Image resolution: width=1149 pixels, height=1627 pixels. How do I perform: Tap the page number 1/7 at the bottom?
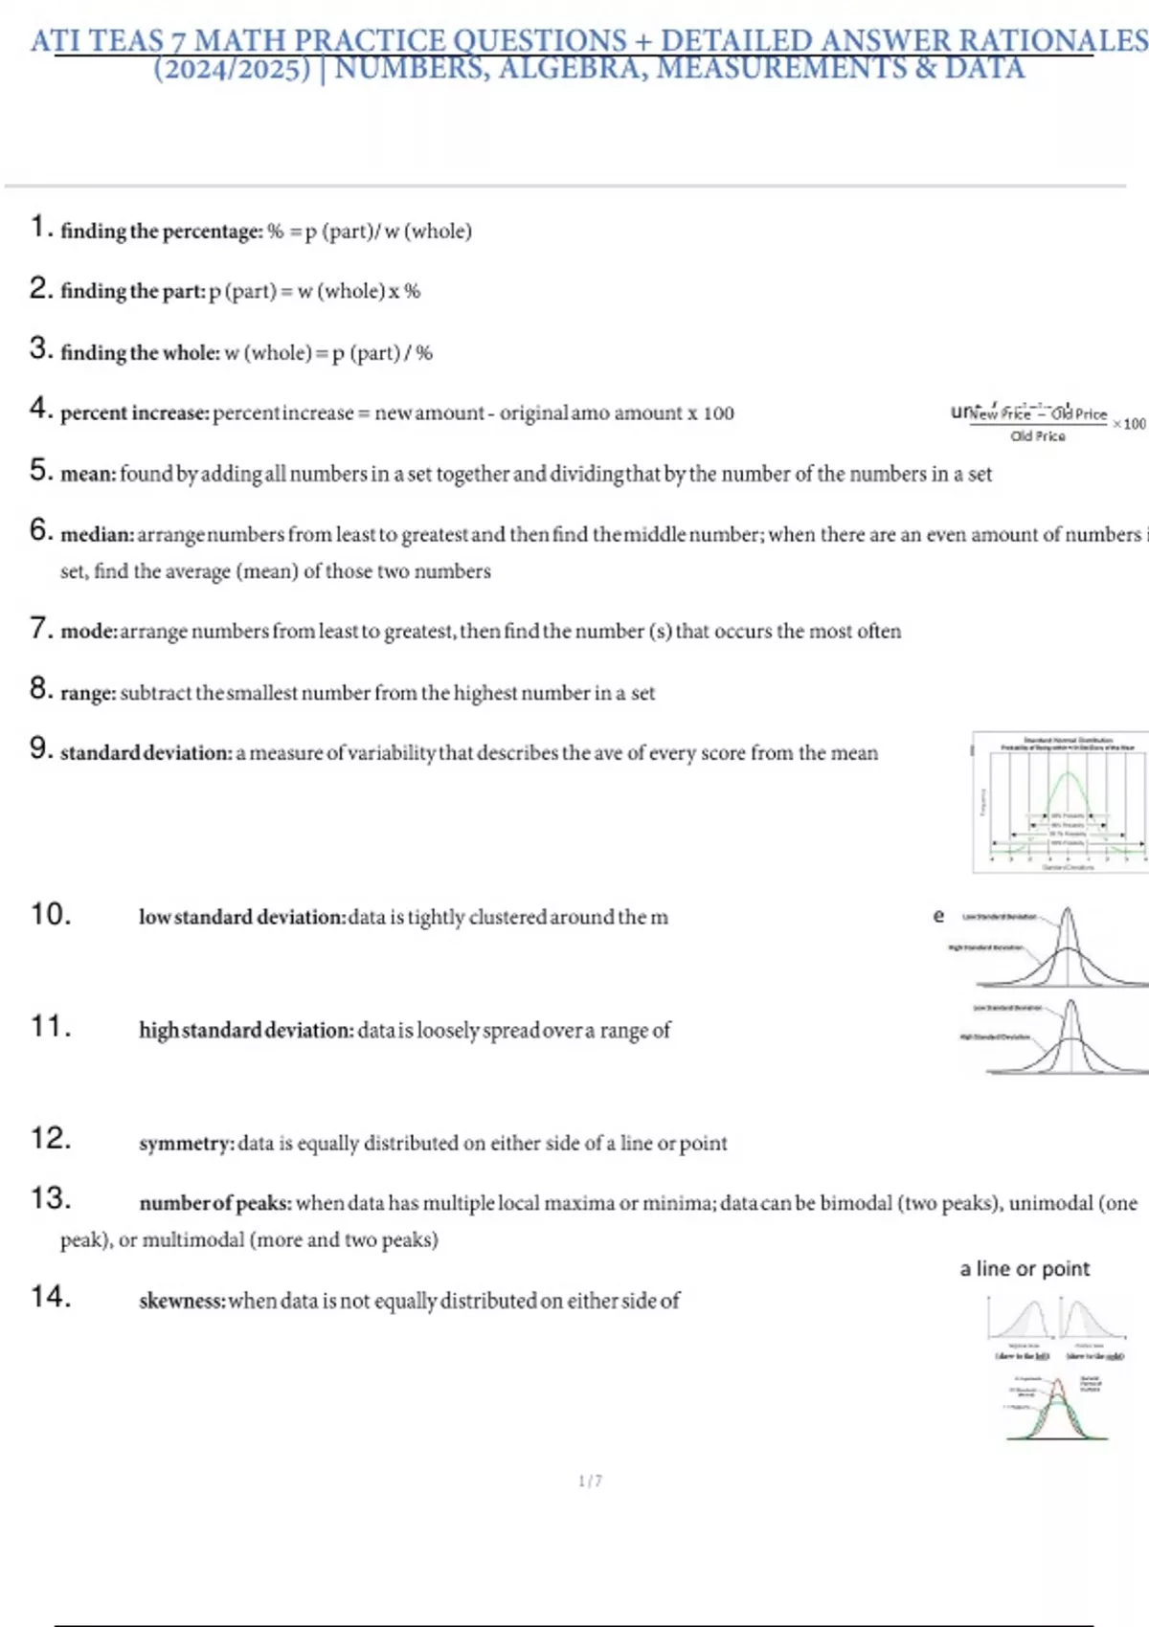590,1481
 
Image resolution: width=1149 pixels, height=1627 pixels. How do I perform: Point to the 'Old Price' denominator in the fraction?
1038,436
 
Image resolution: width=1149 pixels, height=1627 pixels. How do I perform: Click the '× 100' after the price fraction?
1129,423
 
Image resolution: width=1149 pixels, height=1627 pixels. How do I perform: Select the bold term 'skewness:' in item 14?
182,1301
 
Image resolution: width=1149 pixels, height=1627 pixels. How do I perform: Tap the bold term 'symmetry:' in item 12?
187,1143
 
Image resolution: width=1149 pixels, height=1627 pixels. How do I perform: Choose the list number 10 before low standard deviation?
51,914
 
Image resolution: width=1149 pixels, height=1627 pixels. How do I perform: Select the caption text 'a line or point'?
1025,1269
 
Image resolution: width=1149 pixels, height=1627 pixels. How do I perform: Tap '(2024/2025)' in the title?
233,69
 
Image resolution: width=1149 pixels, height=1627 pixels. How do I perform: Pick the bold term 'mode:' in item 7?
89,632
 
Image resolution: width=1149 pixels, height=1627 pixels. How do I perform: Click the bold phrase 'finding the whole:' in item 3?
140,353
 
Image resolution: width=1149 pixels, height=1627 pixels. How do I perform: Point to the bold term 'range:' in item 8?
88,693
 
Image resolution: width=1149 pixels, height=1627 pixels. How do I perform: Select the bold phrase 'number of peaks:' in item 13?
215,1203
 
